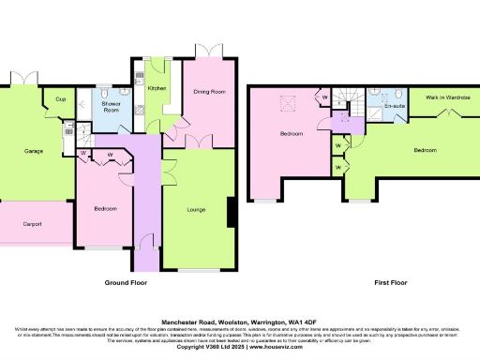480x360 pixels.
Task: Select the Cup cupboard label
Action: pyautogui.click(x=61, y=98)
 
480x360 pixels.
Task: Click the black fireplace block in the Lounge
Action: pyautogui.click(x=230, y=213)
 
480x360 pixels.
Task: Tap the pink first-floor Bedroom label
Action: pyautogui.click(x=292, y=134)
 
